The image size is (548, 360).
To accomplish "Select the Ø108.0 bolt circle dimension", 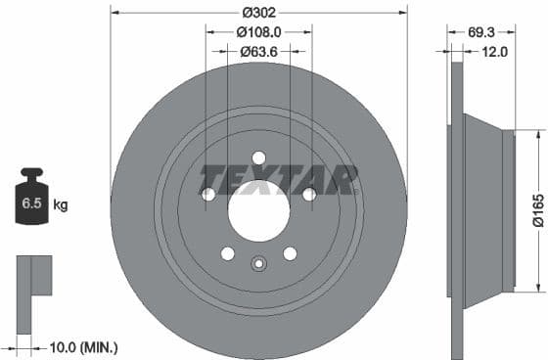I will pos(258,32).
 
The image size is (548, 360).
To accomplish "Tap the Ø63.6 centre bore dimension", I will pos(258,52).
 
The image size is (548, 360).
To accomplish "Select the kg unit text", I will pos(61,205).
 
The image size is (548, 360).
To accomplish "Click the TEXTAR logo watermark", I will pos(280,178).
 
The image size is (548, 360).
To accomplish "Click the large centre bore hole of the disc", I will pos(258,210).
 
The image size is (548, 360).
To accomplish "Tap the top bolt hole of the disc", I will pos(258,157).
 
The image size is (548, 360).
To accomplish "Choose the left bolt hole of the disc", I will pos(208,195).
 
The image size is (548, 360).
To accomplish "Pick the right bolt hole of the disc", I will pos(309,195).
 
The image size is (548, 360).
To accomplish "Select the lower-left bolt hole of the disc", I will pos(227,254).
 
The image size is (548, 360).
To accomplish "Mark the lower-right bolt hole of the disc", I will pos(290,254).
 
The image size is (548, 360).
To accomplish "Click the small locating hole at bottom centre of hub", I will pos(258,262).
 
